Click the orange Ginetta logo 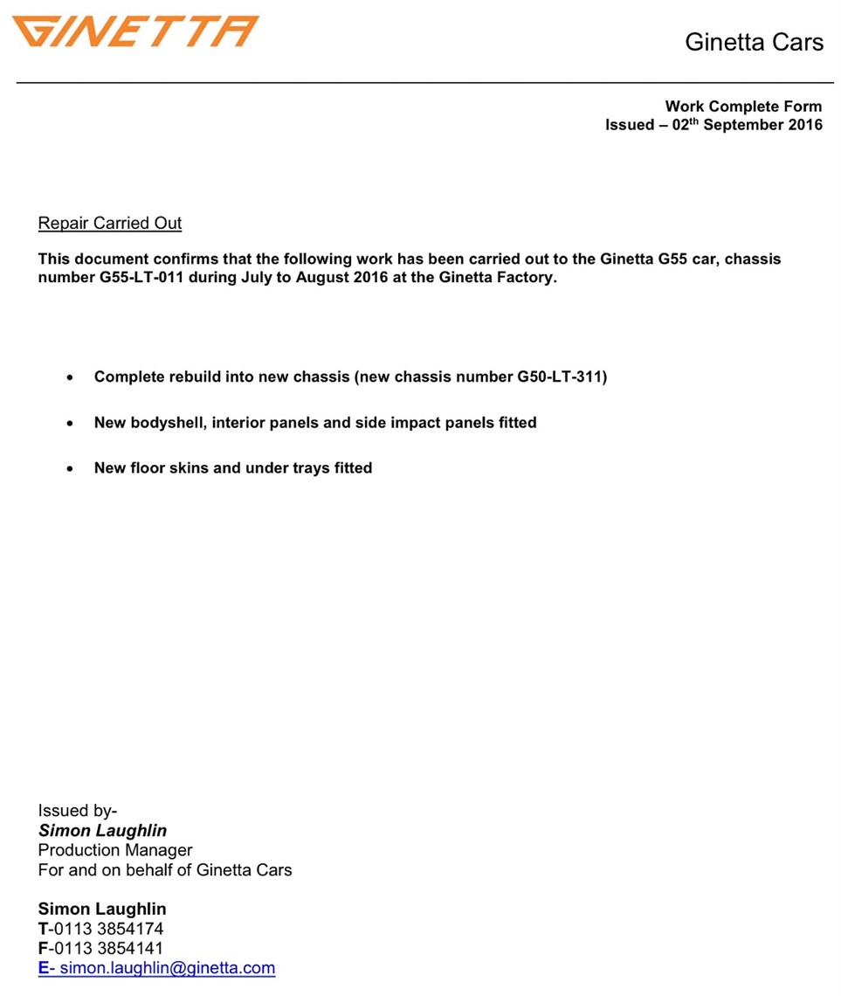click(135, 31)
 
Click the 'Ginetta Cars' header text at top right click(754, 42)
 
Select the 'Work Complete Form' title click(743, 107)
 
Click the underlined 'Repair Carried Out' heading click(110, 223)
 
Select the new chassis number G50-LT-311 click(559, 377)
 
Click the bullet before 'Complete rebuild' click(70, 378)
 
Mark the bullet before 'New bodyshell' click(70, 424)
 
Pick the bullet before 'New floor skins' click(70, 469)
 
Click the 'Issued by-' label click(78, 811)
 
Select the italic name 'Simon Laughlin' click(102, 831)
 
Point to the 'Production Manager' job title click(115, 850)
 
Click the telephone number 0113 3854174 click(108, 929)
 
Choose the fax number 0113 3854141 click(108, 948)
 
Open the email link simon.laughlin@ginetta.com click(167, 968)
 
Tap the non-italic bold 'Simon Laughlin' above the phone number click(102, 909)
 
